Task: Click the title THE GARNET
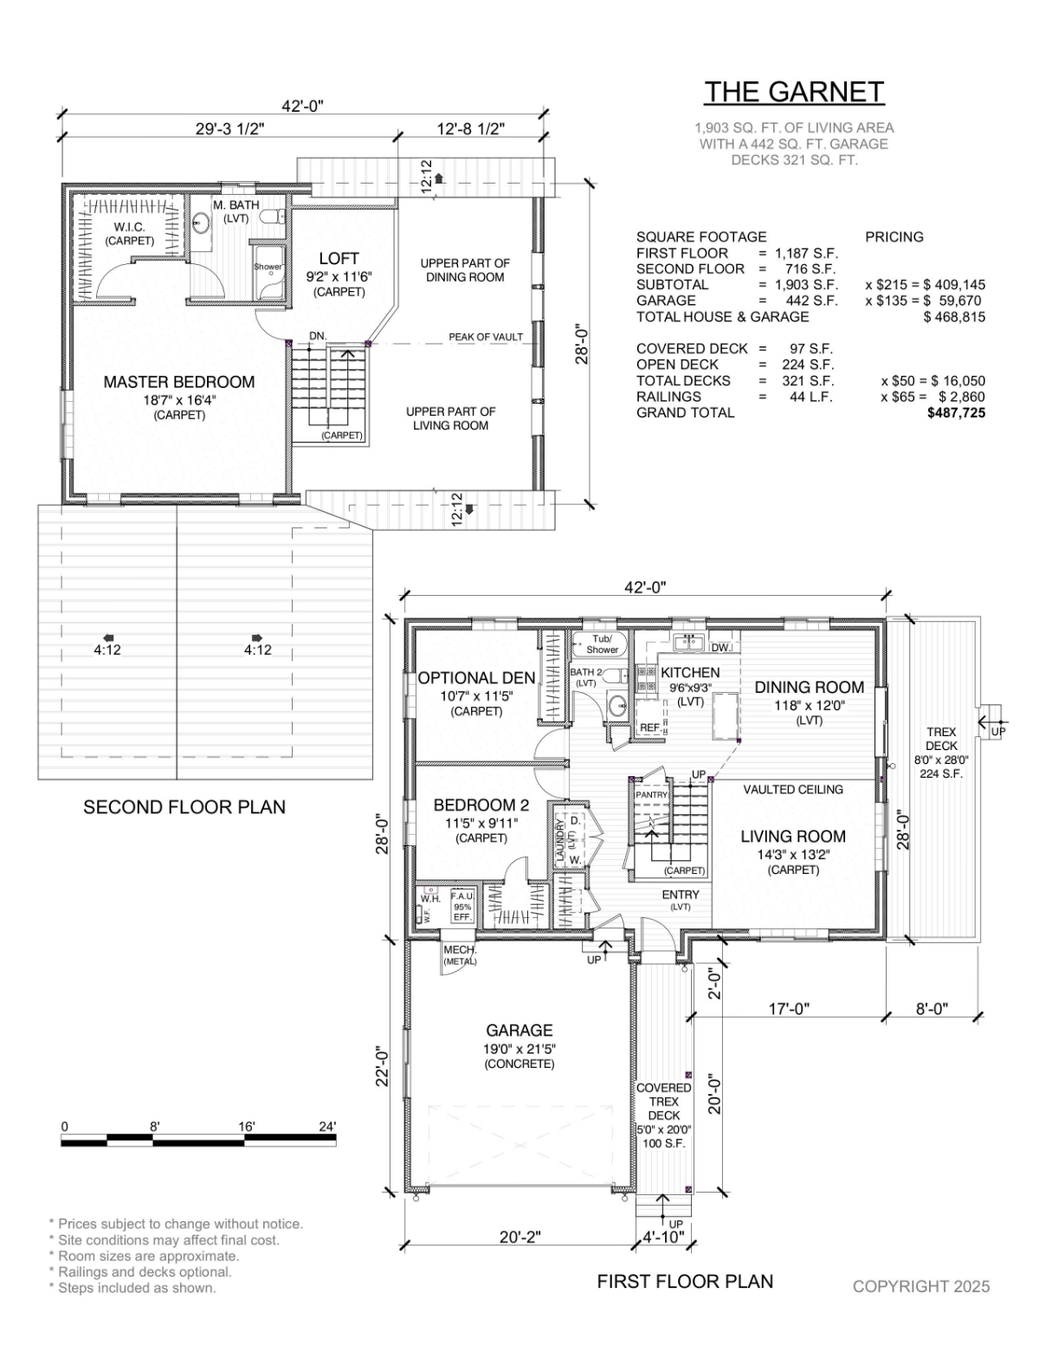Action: tap(794, 92)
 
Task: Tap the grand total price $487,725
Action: tap(956, 413)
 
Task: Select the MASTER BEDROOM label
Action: tap(179, 382)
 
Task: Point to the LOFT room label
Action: tap(339, 258)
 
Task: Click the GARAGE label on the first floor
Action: tap(519, 1030)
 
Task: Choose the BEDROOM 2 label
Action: tap(481, 805)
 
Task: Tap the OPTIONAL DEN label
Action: tap(476, 678)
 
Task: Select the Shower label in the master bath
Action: tap(268, 267)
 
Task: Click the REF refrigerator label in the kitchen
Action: tap(649, 727)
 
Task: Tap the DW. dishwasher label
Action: tap(720, 648)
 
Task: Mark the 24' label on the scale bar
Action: tap(327, 1127)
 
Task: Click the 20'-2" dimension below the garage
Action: tap(519, 1237)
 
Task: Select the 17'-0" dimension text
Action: tap(789, 1009)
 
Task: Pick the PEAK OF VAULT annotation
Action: tap(486, 337)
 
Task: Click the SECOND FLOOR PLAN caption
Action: tap(184, 807)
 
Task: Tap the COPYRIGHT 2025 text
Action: tap(920, 1286)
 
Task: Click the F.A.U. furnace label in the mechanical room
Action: tap(461, 896)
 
